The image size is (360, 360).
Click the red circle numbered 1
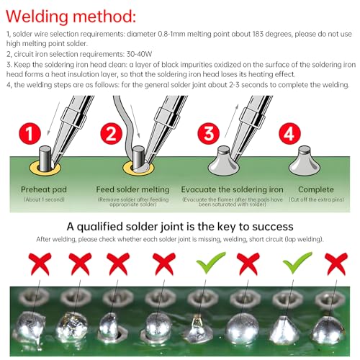click(30, 133)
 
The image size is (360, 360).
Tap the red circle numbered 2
click(111, 133)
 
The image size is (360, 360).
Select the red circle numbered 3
click(208, 133)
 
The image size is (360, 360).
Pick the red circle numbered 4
click(289, 133)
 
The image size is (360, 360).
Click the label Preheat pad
click(44, 189)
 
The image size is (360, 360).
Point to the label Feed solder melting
click(132, 189)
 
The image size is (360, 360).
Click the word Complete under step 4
click(316, 189)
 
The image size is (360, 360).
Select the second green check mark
click(297, 262)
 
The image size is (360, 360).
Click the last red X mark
click(336, 264)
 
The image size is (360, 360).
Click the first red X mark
click(40, 264)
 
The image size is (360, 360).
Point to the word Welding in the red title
click(37, 17)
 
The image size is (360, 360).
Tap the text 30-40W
click(139, 54)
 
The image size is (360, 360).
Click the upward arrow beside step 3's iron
click(232, 121)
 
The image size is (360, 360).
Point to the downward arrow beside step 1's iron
click(54, 118)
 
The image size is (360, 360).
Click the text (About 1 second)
click(44, 199)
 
